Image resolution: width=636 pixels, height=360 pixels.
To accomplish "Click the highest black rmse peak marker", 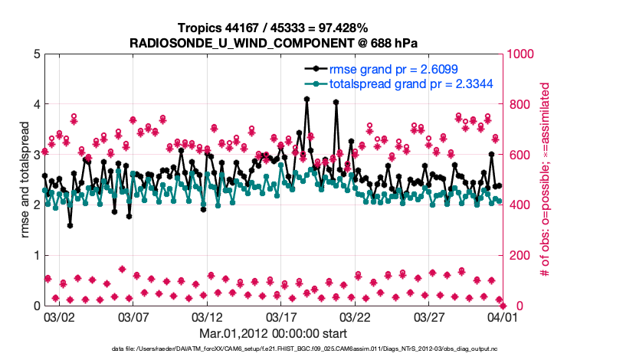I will click(307, 99).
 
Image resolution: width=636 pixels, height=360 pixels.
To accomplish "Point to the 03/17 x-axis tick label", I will click(281, 316).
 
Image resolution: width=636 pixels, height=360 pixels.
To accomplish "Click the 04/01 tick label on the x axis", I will click(503, 316).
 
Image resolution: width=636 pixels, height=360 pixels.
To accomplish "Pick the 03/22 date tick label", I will click(356, 316).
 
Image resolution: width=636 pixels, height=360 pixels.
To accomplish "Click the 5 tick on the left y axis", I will click(36, 54).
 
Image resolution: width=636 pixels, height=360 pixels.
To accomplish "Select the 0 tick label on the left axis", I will click(36, 306).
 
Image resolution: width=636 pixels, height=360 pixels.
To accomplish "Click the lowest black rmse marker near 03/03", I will click(70, 225).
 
